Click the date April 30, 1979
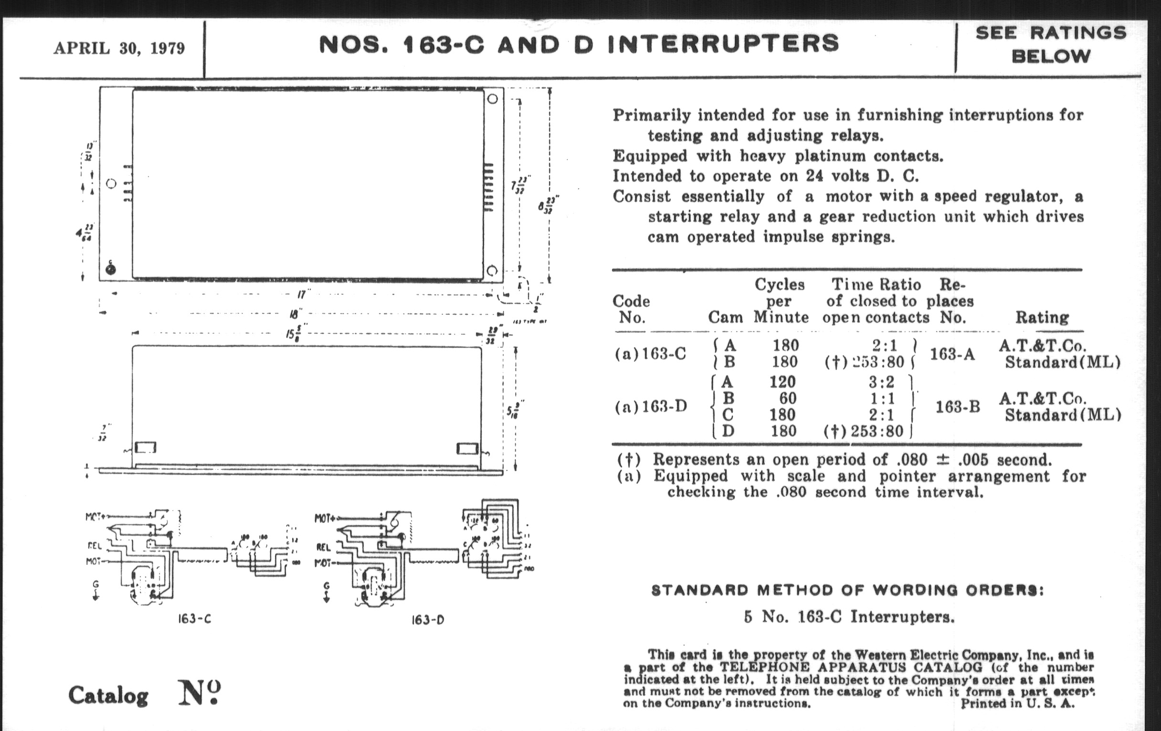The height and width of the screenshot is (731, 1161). pyautogui.click(x=119, y=48)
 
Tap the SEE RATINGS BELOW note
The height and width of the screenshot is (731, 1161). pyautogui.click(x=1051, y=44)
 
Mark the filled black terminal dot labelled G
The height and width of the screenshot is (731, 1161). pyautogui.click(x=110, y=269)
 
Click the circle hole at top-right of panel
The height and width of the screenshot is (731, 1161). pyautogui.click(x=492, y=99)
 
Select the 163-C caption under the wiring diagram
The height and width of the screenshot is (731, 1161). pyautogui.click(x=194, y=619)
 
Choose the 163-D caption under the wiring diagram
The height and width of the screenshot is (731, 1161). pyautogui.click(x=427, y=620)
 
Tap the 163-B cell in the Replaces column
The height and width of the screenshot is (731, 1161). pyautogui.click(x=958, y=407)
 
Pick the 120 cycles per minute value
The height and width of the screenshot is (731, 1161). pyautogui.click(x=782, y=382)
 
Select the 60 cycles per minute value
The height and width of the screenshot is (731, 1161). pyautogui.click(x=788, y=398)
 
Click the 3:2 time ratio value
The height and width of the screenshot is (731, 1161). pyautogui.click(x=881, y=382)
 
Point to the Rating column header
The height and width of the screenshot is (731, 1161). pyautogui.click(x=1042, y=318)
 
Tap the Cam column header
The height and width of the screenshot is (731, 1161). pyautogui.click(x=725, y=318)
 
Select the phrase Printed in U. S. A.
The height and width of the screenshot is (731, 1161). pyautogui.click(x=1017, y=703)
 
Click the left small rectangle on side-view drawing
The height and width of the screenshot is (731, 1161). pyautogui.click(x=145, y=448)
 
